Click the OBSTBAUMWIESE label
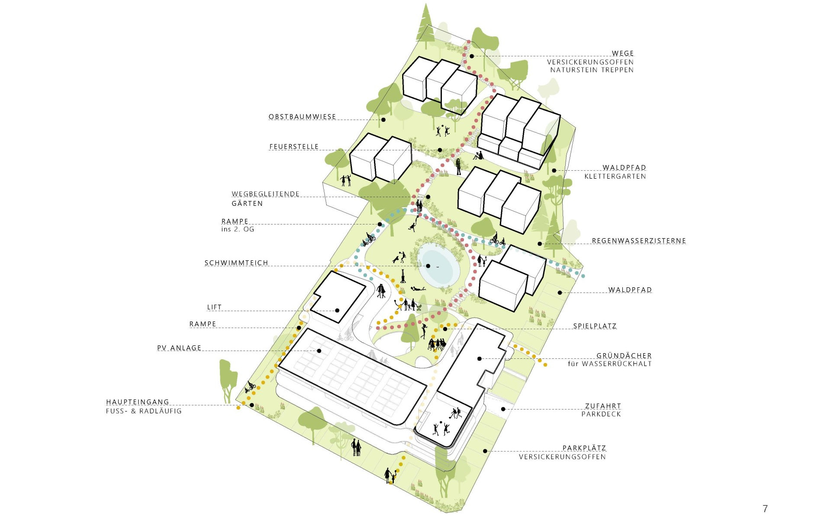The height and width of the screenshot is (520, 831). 302,117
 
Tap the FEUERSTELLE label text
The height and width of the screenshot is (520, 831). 294,147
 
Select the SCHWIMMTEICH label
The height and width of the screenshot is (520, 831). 236,263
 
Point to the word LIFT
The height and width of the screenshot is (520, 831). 214,307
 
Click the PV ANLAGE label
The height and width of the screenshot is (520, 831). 179,348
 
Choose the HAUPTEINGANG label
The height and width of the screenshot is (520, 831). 138,402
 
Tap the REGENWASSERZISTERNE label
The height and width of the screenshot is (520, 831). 639,241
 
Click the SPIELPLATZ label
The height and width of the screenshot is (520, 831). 595,326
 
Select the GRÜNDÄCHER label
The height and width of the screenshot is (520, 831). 624,356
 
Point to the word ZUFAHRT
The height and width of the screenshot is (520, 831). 603,406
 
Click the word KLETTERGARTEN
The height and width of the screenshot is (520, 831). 615,176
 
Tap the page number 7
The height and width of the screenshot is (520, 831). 765,508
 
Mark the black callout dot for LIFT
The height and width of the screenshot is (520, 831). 337,310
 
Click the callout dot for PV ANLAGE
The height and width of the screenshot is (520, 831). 319,351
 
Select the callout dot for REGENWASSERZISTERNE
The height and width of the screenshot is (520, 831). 540,244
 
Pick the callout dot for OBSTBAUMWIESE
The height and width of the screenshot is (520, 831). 383,120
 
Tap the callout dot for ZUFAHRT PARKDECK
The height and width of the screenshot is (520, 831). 503,409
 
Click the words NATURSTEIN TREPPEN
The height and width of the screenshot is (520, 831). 592,70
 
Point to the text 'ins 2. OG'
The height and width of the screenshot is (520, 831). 238,229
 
